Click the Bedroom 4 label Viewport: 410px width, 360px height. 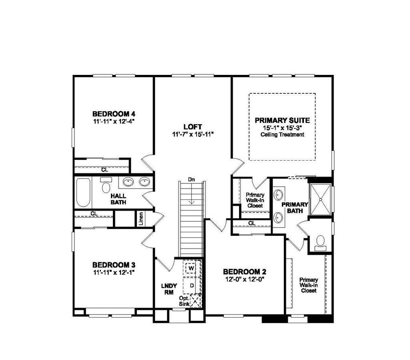[114, 114]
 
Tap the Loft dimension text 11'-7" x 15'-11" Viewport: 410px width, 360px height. [193, 135]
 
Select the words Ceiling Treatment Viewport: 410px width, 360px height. [282, 135]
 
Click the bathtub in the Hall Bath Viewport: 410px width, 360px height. [84, 193]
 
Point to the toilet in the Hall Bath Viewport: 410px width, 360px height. [106, 185]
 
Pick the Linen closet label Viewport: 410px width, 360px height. [141, 219]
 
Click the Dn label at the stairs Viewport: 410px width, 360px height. [191, 180]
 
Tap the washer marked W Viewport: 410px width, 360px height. [191, 268]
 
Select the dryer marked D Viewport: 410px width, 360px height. [192, 286]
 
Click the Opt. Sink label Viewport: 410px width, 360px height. [184, 301]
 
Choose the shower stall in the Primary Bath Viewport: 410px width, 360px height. [320, 199]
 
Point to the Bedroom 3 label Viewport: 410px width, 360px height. [114, 265]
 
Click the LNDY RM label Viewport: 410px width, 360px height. [169, 289]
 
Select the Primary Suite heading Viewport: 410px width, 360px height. [282, 121]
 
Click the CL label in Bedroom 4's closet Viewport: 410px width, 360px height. [105, 170]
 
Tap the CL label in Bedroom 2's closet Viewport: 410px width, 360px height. [252, 223]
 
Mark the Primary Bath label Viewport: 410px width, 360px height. [295, 208]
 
